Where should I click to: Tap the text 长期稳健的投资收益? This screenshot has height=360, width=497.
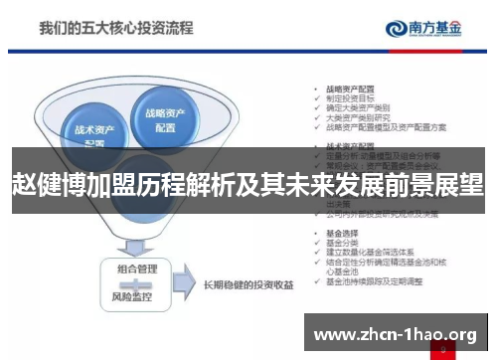pos(248,284)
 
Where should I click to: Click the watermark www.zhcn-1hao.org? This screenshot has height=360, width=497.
pos(396,335)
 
